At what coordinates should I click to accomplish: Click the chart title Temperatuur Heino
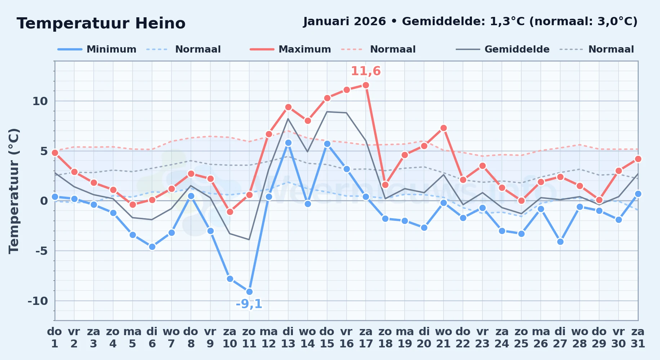click(101, 23)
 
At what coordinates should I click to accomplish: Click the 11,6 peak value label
click(366, 71)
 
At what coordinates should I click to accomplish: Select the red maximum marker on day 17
click(366, 85)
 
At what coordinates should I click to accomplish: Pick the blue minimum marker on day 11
click(249, 292)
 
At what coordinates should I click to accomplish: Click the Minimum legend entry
click(97, 49)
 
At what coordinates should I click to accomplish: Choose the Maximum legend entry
click(290, 49)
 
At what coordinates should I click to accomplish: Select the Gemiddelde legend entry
click(503, 49)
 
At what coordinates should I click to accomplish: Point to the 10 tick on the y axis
click(40, 101)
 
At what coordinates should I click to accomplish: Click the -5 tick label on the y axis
click(41, 251)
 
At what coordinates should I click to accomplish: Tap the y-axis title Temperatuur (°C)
click(14, 191)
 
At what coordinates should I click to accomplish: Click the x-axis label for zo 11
click(249, 338)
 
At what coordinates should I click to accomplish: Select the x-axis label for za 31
click(638, 338)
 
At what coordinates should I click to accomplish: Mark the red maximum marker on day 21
click(443, 128)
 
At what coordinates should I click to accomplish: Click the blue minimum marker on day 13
click(288, 143)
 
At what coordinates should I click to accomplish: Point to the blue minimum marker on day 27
click(560, 242)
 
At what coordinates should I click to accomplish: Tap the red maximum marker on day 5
click(133, 204)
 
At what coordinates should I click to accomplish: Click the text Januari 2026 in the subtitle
click(344, 22)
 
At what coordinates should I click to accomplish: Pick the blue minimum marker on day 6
click(152, 247)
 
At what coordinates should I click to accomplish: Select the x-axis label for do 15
click(327, 338)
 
